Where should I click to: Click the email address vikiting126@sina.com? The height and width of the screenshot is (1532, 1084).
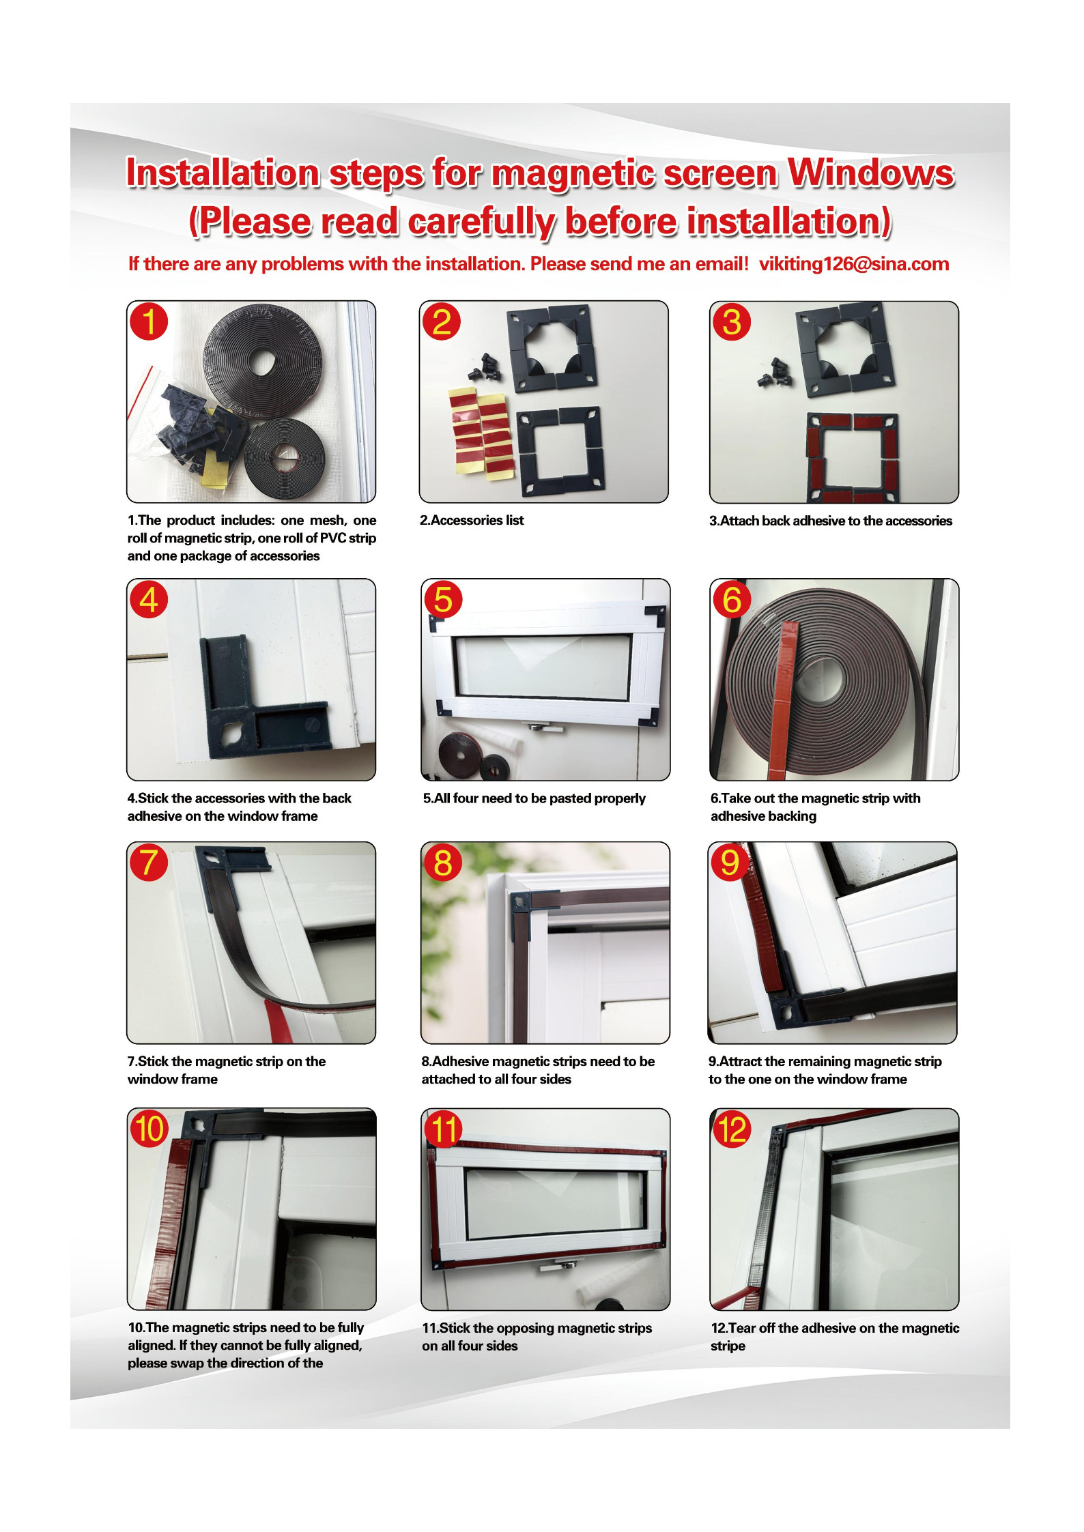click(853, 264)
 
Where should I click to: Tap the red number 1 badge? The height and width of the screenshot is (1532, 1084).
click(149, 321)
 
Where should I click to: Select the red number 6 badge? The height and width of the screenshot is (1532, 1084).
click(731, 599)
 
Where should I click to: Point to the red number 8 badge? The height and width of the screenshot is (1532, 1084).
click(442, 862)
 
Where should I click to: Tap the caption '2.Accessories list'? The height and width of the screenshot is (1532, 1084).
click(472, 520)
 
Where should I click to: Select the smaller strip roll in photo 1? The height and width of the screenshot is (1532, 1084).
click(284, 454)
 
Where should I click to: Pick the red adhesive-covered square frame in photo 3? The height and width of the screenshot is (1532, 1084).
click(853, 457)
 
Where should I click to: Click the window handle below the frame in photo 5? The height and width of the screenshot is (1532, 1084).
click(544, 727)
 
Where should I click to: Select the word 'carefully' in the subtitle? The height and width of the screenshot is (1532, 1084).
click(482, 222)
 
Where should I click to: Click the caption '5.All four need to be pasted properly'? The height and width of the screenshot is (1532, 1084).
click(534, 798)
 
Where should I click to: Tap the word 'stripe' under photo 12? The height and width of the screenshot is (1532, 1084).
click(728, 1346)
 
